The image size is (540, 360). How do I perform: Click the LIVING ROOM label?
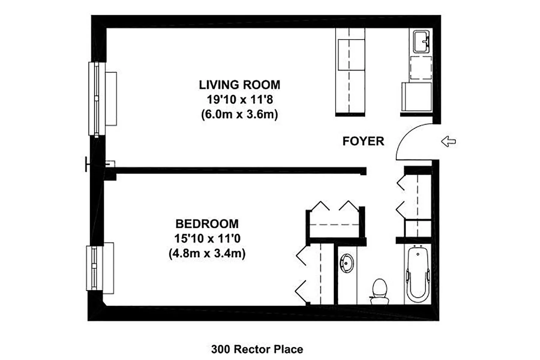[239, 85]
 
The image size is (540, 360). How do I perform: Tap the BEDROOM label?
[207, 224]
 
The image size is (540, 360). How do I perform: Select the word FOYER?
[363, 141]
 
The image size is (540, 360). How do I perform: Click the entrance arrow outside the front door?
[448, 141]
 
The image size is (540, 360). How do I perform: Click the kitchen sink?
[421, 42]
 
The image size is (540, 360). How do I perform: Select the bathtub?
[418, 273]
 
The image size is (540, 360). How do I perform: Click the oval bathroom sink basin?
[347, 263]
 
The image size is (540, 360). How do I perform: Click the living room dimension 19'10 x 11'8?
[239, 99]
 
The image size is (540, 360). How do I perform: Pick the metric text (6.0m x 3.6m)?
[239, 114]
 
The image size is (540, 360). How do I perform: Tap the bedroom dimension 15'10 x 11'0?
[207, 239]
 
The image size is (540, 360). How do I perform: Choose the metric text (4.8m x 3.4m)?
[207, 253]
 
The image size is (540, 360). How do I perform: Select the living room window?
[97, 99]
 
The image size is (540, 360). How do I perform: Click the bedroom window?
[94, 268]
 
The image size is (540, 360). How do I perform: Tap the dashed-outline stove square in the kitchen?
[421, 68]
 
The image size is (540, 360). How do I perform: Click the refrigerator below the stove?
[417, 97]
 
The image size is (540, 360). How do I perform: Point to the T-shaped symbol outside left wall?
[87, 164]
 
